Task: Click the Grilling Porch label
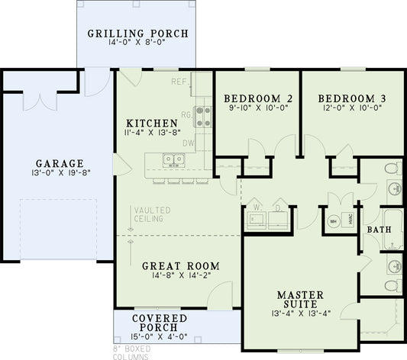point(137,34)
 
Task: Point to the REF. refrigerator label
point(179,81)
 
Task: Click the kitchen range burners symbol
point(204,115)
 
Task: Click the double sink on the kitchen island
point(173,160)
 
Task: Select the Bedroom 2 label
point(247,98)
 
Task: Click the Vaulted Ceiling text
point(152,214)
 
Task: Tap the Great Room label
point(181,266)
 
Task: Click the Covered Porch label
point(160,322)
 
